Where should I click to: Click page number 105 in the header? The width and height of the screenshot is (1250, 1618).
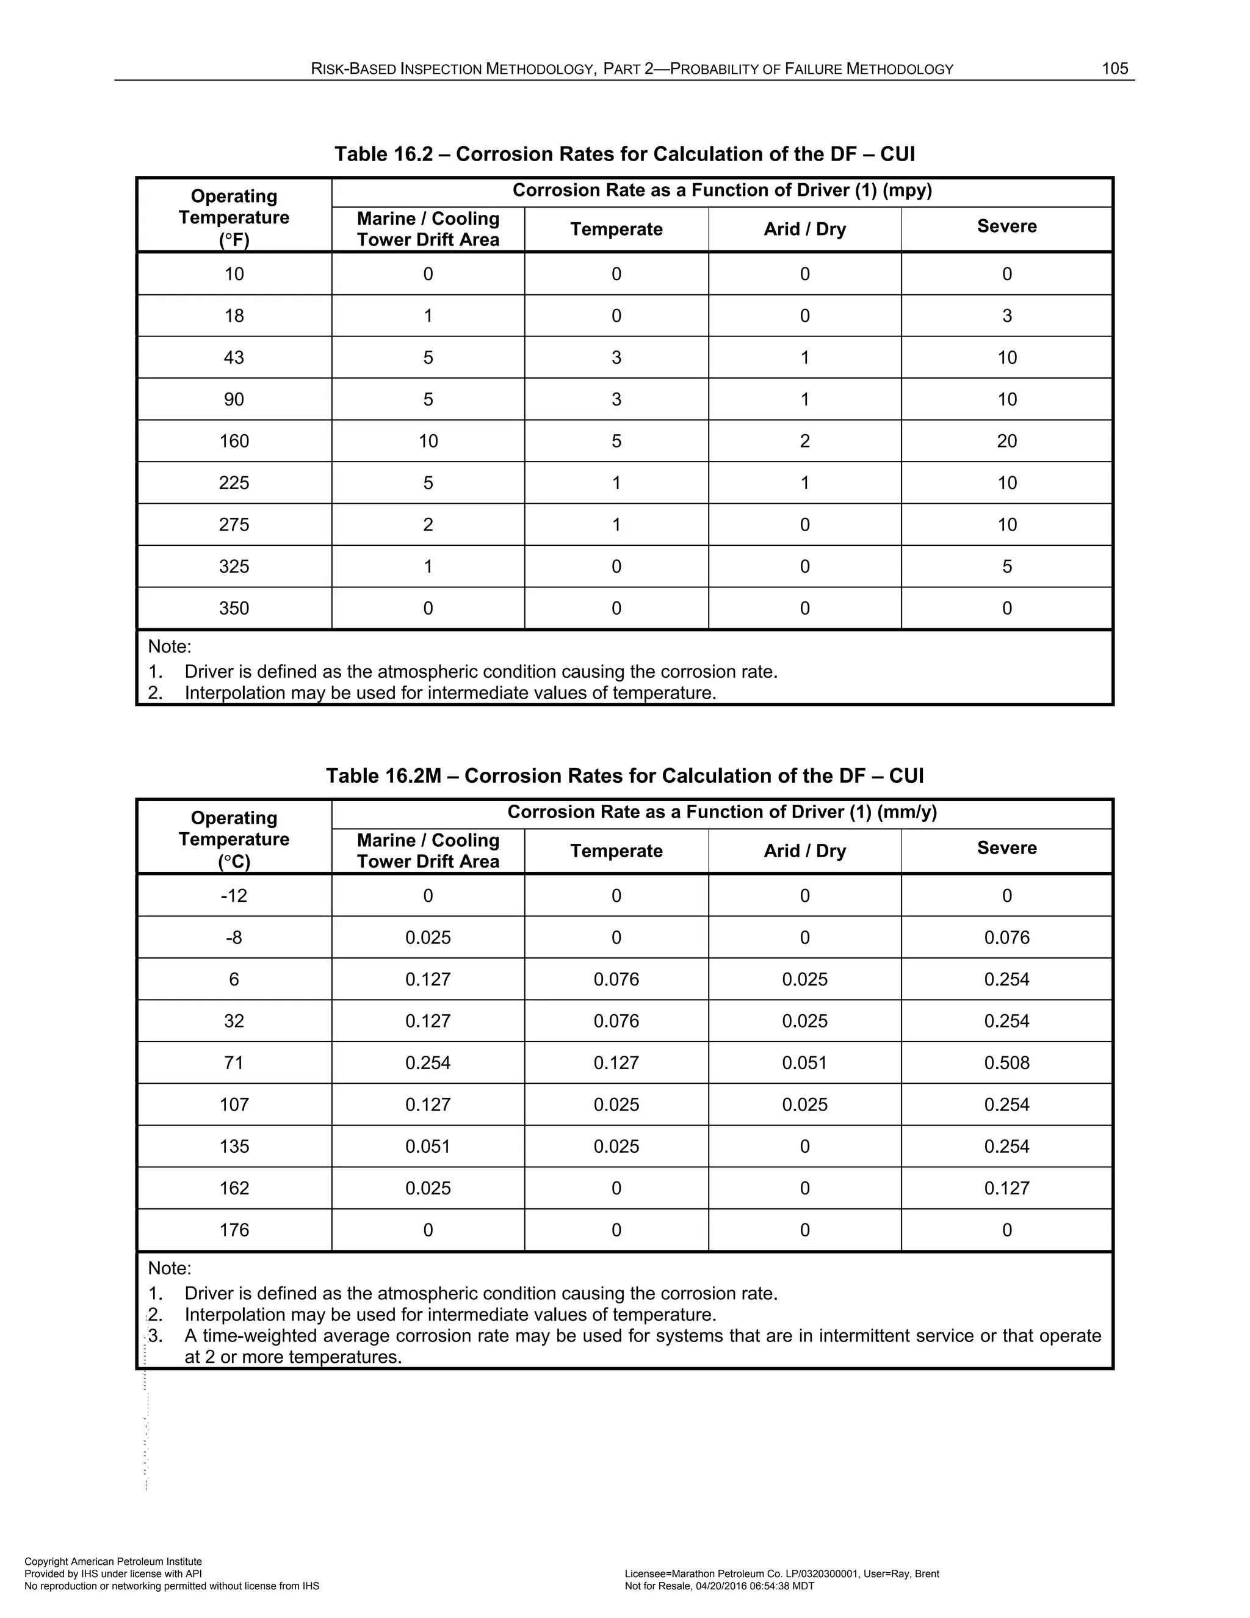1115,69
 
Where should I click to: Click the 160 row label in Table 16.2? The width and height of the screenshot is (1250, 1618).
234,441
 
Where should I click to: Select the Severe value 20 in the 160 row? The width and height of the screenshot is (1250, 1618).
1006,441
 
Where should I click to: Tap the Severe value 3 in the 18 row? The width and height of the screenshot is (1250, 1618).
1006,316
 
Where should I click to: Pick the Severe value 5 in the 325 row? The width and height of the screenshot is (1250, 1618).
1006,566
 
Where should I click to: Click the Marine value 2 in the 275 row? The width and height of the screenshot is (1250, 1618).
428,524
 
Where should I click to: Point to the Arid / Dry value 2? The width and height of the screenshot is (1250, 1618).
804,441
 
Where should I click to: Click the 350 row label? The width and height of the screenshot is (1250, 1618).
234,608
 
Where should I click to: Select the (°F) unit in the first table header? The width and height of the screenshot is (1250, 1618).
234,240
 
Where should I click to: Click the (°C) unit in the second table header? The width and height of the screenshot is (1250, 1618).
234,862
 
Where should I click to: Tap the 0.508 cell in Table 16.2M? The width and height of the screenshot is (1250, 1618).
1006,1062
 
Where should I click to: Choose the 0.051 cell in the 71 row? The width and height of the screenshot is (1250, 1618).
804,1062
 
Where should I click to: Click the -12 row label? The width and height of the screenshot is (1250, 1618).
234,896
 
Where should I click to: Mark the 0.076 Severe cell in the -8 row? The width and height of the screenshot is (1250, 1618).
1006,937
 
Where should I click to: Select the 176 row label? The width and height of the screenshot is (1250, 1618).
234,1230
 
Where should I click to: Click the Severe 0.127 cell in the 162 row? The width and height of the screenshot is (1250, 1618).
1006,1188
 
